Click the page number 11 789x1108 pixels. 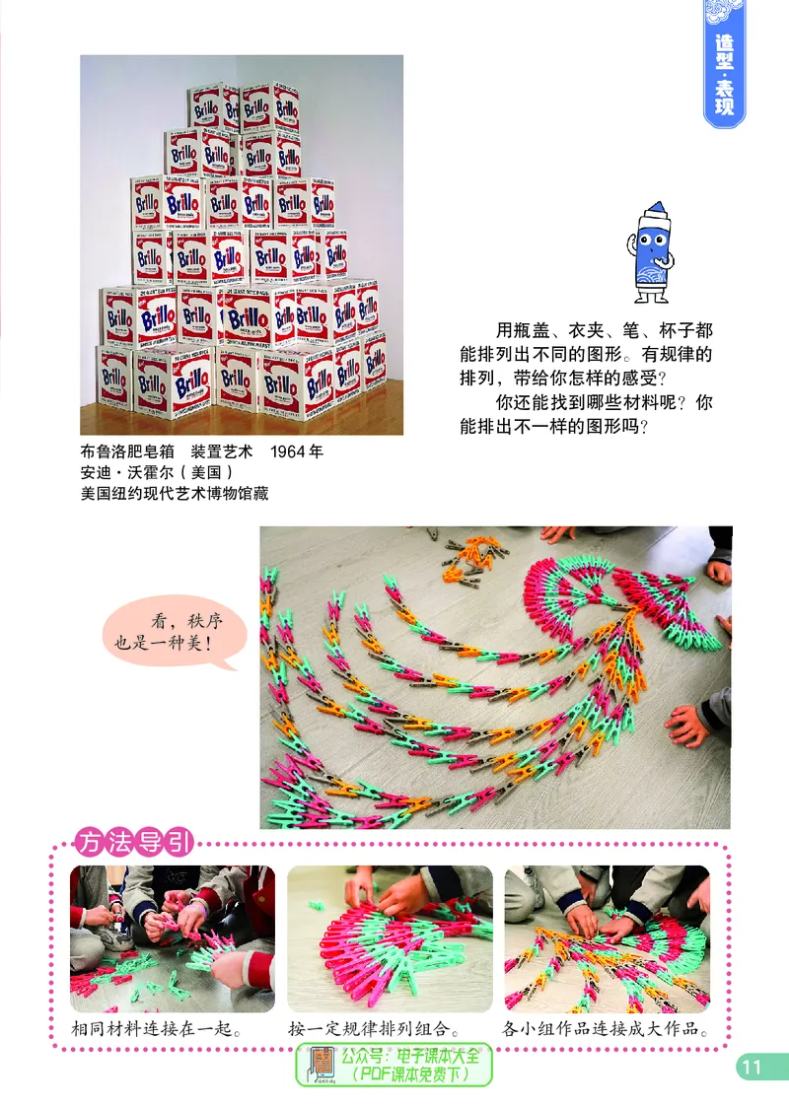(x=752, y=1066)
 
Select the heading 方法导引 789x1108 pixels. (x=135, y=843)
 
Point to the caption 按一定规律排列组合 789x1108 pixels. (x=375, y=1030)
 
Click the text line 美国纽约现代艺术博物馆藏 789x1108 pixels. (x=175, y=494)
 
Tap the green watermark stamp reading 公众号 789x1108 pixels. (x=394, y=1065)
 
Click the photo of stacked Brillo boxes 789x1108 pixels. (x=242, y=244)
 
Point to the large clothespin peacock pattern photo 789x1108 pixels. (x=495, y=677)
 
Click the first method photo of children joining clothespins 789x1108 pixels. (x=172, y=937)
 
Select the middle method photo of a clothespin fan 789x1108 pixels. (x=390, y=937)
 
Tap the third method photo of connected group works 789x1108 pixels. (x=607, y=937)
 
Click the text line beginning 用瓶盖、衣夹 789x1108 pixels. (x=604, y=331)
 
